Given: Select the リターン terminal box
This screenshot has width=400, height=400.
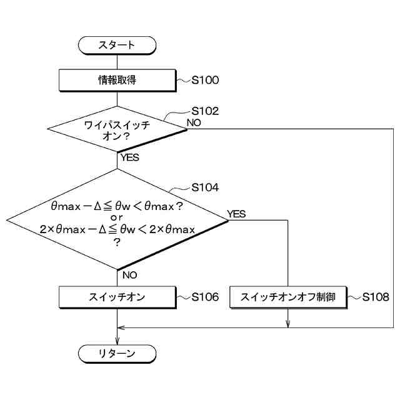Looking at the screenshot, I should (117, 354).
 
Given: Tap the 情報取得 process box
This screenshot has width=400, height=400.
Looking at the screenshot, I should (117, 79).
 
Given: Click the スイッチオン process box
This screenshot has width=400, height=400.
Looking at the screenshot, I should (117, 297).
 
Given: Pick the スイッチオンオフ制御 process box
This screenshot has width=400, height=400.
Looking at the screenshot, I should (287, 297).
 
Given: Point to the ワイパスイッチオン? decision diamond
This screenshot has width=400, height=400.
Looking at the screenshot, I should (117, 130).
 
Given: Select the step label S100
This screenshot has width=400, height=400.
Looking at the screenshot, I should (205, 80).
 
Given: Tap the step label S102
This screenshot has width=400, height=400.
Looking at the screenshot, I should (205, 111).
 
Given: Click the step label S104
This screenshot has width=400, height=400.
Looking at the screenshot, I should (205, 187).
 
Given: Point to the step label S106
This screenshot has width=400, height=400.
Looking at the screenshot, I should (205, 297).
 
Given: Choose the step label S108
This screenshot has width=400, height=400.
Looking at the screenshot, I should (376, 297).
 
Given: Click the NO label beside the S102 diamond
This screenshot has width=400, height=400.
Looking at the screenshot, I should (194, 122).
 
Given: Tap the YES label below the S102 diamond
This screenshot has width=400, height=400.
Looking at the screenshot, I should (129, 157).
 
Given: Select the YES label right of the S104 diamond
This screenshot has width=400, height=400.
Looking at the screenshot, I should (237, 214).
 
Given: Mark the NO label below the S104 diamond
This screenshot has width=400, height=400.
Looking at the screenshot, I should (130, 274).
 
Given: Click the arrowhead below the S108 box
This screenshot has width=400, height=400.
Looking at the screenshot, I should (287, 323).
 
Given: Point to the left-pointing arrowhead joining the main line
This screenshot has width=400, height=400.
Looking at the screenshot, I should (121, 327).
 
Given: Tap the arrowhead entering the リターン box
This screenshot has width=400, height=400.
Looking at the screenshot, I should (117, 341).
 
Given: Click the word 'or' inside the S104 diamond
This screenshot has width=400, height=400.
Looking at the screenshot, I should (117, 217).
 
